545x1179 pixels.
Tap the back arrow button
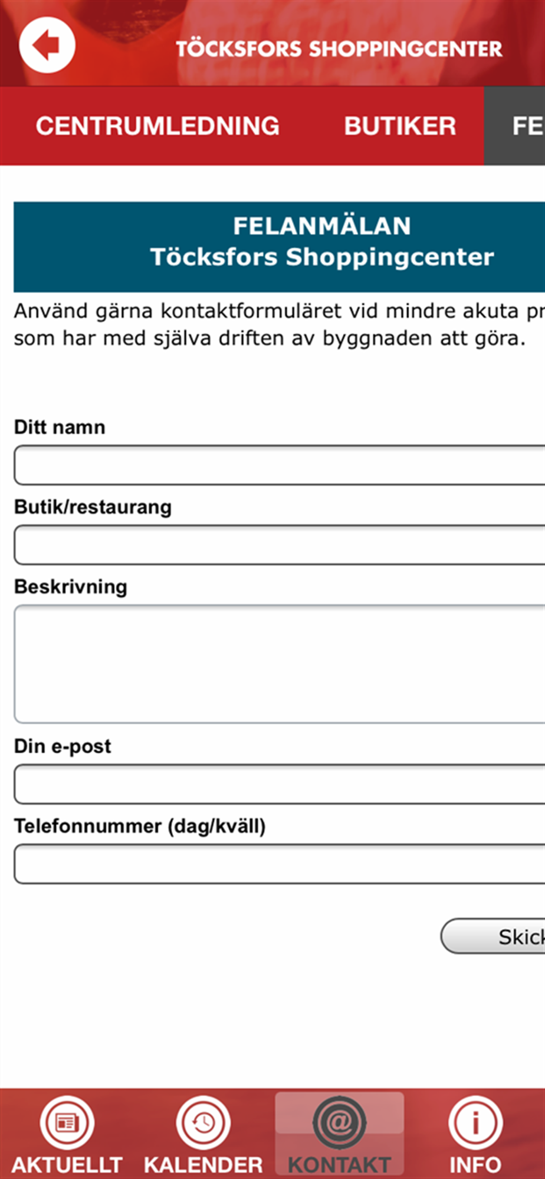tap(47, 45)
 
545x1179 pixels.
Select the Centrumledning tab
tap(157, 126)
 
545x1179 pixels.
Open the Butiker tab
tap(400, 126)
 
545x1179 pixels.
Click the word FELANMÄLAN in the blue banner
tap(321, 226)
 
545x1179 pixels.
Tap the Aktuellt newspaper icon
tap(67, 1123)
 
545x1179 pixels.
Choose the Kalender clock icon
tap(203, 1123)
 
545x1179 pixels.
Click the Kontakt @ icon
tap(339, 1122)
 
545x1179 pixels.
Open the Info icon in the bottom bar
tap(475, 1123)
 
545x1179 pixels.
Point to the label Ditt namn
tap(60, 427)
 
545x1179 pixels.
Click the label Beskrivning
tap(71, 587)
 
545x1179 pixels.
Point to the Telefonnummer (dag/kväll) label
tap(140, 826)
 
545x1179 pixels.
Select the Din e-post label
tap(63, 746)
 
